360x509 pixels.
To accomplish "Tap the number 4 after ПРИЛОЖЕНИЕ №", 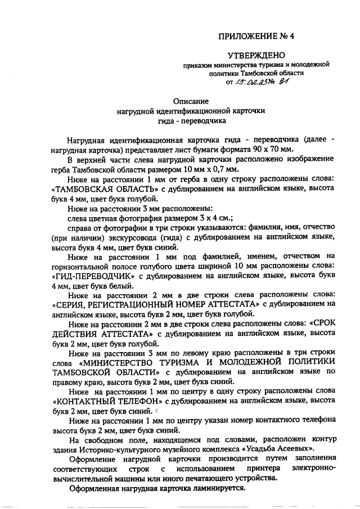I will click(x=292, y=37).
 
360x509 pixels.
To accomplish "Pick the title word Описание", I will click(x=191, y=101).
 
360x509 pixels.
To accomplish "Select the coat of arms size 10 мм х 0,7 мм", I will click(x=192, y=168).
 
